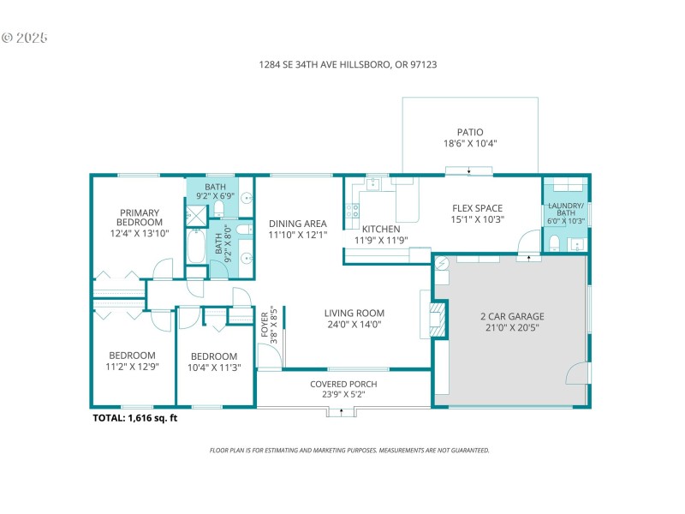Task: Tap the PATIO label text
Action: tap(469, 132)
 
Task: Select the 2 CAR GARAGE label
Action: tap(512, 316)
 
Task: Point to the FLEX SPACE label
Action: tap(477, 208)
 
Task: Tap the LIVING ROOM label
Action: tap(354, 313)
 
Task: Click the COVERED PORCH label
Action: tap(342, 384)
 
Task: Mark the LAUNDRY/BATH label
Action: tap(565, 211)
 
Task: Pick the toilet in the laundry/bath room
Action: tap(554, 242)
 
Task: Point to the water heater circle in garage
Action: tap(442, 264)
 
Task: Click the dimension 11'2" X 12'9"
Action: tap(132, 367)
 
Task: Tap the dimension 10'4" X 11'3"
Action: tap(213, 368)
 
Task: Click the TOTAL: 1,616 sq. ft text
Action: tap(135, 419)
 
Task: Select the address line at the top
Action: tap(342, 64)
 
